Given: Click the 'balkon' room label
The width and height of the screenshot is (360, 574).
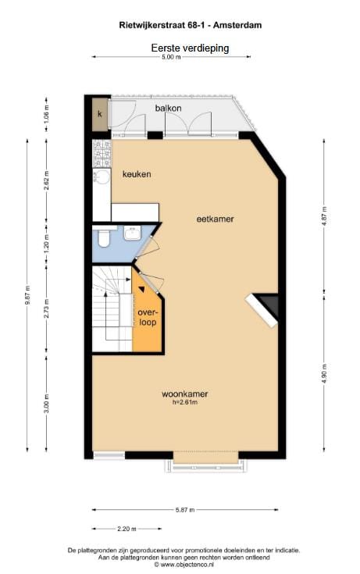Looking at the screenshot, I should click(x=169, y=107).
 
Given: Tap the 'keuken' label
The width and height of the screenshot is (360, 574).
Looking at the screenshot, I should click(x=137, y=174).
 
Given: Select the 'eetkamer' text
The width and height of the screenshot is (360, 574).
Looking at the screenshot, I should click(x=215, y=219).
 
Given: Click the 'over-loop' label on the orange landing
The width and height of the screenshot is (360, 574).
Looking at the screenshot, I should click(x=148, y=316).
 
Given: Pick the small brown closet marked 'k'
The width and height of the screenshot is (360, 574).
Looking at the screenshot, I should click(x=100, y=115).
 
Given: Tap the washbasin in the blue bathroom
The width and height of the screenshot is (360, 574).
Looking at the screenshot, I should click(x=131, y=232).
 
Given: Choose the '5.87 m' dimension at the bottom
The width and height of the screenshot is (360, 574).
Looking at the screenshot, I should click(x=184, y=511).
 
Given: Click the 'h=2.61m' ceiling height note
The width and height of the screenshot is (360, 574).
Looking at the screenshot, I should click(x=184, y=402).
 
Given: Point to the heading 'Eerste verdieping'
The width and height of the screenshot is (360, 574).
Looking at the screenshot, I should click(x=190, y=48).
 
